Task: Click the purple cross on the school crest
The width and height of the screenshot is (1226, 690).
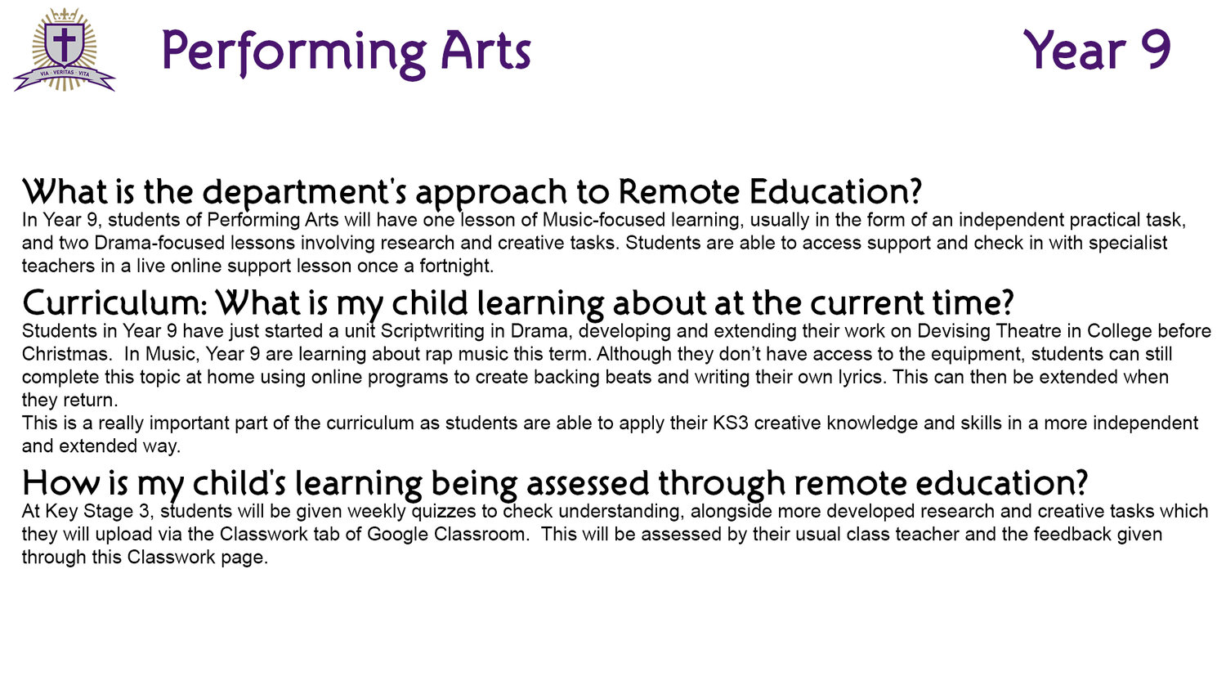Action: [x=65, y=43]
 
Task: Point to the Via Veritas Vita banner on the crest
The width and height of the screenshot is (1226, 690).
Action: [x=65, y=78]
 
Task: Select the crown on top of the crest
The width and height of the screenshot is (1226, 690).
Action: [x=65, y=15]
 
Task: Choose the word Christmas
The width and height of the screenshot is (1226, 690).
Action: [x=66, y=354]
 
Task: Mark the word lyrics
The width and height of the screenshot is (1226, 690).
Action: [x=859, y=378]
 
